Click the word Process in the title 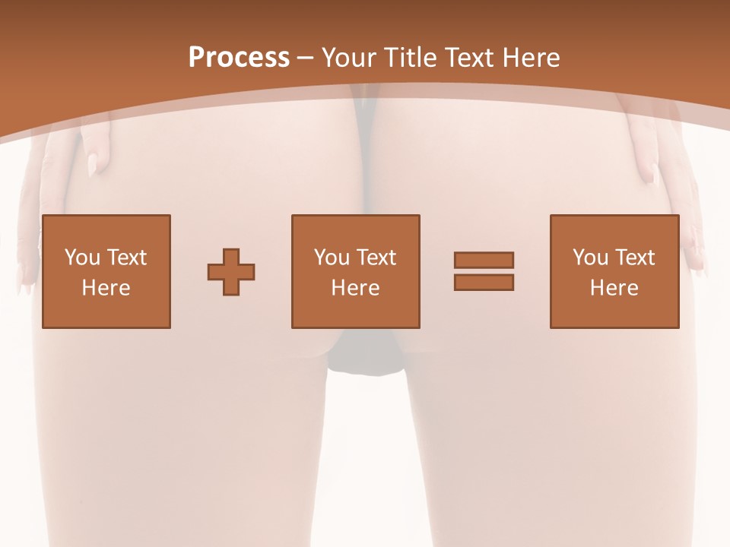pyautogui.click(x=239, y=58)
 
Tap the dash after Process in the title pyautogui.click(x=306, y=58)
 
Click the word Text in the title pyautogui.click(x=471, y=58)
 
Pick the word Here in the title pyautogui.click(x=532, y=58)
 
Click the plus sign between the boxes pyautogui.click(x=231, y=271)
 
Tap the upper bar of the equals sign pyautogui.click(x=484, y=260)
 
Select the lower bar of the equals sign pyautogui.click(x=484, y=282)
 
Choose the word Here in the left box pyautogui.click(x=106, y=288)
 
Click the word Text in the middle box pyautogui.click(x=376, y=258)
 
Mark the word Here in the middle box pyautogui.click(x=355, y=288)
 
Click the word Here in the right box pyautogui.click(x=614, y=288)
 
